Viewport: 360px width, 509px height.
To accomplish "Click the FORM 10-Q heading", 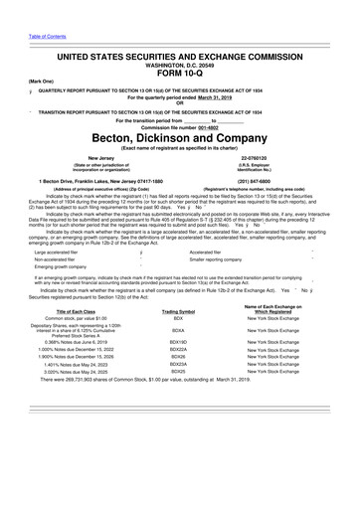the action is point(179,69).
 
